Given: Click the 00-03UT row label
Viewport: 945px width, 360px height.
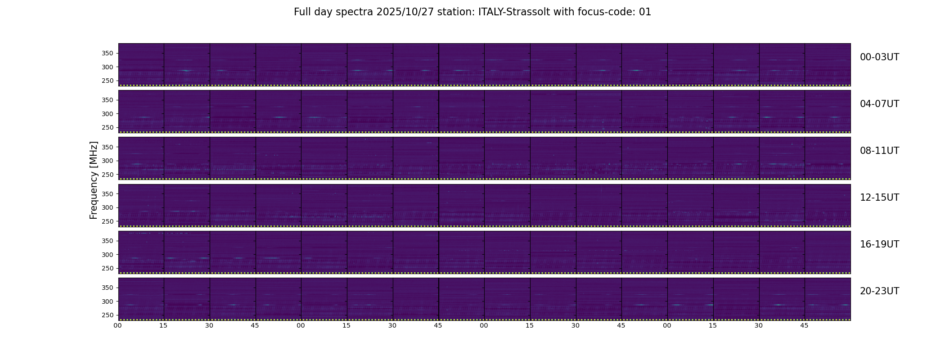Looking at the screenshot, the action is tap(879, 57).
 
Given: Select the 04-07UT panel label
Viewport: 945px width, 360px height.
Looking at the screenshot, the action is tap(879, 104).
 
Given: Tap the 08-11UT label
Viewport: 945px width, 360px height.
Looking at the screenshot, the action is tap(879, 151).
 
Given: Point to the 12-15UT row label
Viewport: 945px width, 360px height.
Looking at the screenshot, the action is tap(879, 198).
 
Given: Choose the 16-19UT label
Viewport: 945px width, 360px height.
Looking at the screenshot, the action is tap(879, 244).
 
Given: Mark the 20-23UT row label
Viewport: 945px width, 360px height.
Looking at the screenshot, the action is tap(879, 291).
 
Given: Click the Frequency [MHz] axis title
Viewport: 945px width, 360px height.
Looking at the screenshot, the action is tap(94, 180).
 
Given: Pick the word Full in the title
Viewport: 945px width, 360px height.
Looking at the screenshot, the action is tap(303, 12).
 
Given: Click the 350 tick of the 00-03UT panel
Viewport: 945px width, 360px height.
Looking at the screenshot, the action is tap(108, 54).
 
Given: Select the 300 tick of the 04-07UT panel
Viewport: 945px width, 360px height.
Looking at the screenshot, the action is tap(108, 114).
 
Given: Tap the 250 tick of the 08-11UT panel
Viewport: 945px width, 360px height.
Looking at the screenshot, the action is tap(108, 175).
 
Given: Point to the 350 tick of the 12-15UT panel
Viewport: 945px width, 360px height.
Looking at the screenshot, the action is tap(108, 194).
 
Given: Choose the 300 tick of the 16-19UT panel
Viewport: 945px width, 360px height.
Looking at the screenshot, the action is tap(108, 255).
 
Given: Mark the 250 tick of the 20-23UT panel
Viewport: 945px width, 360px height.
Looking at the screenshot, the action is tap(108, 315).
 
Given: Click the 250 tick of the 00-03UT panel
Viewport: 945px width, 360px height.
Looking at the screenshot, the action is tap(108, 81).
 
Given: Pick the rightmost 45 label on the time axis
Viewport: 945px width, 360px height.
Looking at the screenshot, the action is tap(804, 325).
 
